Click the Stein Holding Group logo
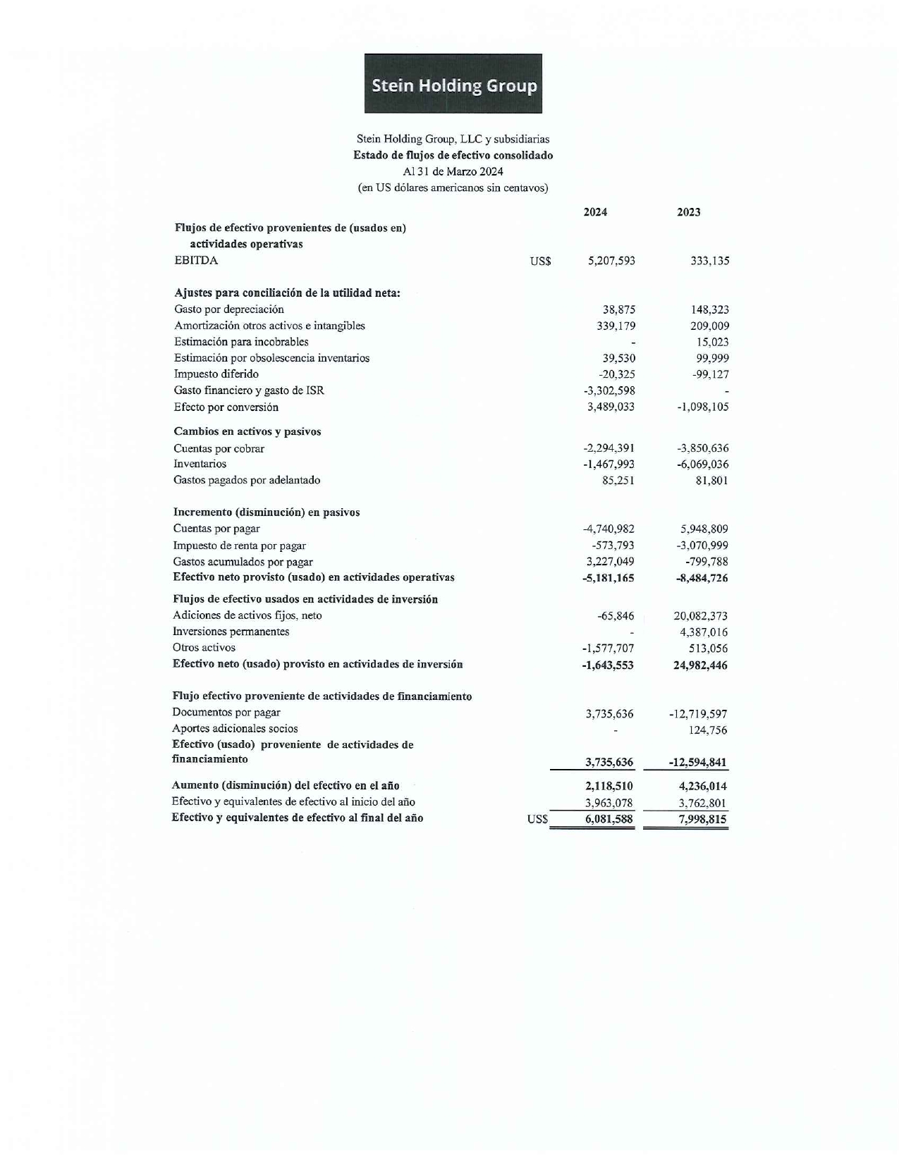pyautogui.click(x=453, y=84)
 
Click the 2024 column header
pyautogui.click(x=595, y=212)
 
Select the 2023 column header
pyautogui.click(x=688, y=212)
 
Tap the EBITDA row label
pyautogui.click(x=196, y=261)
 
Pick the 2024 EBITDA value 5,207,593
pyautogui.click(x=611, y=261)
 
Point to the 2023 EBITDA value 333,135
pyautogui.click(x=709, y=261)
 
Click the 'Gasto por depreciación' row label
pyautogui.click(x=229, y=309)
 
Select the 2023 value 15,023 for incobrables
pyautogui.click(x=712, y=343)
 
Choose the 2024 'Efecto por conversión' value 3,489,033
pyautogui.click(x=611, y=407)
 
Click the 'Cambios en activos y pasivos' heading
pyautogui.click(x=247, y=431)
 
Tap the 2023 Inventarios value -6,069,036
pyautogui.click(x=702, y=464)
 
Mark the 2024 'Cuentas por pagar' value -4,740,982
pyautogui.click(x=608, y=529)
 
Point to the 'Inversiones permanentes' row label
pyautogui.click(x=231, y=632)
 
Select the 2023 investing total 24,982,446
pyautogui.click(x=700, y=665)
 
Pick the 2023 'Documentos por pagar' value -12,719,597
pyautogui.click(x=697, y=714)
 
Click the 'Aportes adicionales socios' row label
pyautogui.click(x=235, y=729)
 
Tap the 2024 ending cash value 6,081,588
pyautogui.click(x=608, y=819)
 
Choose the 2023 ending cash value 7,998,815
pyautogui.click(x=702, y=819)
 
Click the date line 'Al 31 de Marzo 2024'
pyautogui.click(x=453, y=171)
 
